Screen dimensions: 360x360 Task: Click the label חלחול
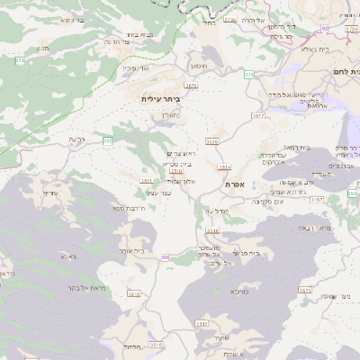pyautogui.click(x=130, y=346)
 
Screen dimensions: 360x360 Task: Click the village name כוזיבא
pyautogui.click(x=238, y=291)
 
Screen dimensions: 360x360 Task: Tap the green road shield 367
pyautogui.click(x=107, y=140)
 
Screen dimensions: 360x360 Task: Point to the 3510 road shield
pyautogui.click(x=212, y=141)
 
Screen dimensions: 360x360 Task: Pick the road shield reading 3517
pyautogui.click(x=202, y=322)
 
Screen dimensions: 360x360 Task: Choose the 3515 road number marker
pyautogui.click(x=134, y=294)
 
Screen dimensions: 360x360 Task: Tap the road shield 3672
pyautogui.click(x=259, y=115)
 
